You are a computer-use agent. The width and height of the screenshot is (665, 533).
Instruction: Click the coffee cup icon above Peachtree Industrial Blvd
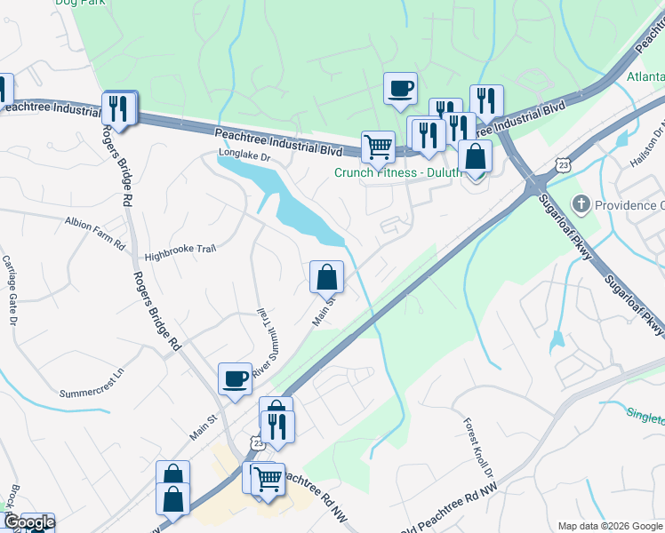click(400, 88)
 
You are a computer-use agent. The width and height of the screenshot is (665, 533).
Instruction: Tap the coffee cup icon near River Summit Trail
click(235, 379)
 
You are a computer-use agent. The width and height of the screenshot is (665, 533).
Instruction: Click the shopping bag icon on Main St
click(326, 276)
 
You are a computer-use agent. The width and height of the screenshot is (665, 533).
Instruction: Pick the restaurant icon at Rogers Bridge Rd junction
click(117, 108)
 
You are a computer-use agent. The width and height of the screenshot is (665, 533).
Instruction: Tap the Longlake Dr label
click(244, 157)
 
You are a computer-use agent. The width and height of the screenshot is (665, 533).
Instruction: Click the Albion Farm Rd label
click(94, 220)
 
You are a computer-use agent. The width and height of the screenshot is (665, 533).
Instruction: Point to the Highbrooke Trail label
click(180, 252)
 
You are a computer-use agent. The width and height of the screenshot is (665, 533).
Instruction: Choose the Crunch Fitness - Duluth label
click(397, 172)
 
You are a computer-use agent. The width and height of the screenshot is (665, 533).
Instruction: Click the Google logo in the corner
click(29, 522)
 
